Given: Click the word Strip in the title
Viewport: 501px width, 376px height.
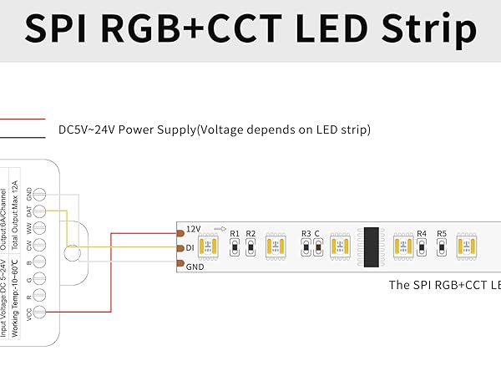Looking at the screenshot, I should tap(426, 29).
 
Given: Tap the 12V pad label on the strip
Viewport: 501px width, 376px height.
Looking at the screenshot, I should tap(193, 228).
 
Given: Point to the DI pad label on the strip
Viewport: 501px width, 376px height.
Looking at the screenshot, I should tap(190, 248).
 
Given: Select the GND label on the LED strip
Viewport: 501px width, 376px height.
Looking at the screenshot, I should tap(195, 267).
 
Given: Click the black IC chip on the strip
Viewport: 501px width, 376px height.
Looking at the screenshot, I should tap(373, 246).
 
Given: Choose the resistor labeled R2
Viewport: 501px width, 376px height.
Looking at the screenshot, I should tap(250, 247).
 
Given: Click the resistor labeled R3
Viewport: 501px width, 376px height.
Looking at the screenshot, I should tap(306, 247).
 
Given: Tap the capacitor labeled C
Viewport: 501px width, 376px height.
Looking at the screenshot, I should tap(317, 247).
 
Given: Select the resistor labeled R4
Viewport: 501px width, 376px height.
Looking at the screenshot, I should tap(422, 247).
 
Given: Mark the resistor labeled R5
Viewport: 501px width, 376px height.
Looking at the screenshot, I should tap(442, 247).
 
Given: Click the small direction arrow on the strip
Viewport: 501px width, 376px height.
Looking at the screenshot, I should tap(220, 228).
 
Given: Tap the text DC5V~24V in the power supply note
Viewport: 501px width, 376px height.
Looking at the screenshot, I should tap(87, 130).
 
